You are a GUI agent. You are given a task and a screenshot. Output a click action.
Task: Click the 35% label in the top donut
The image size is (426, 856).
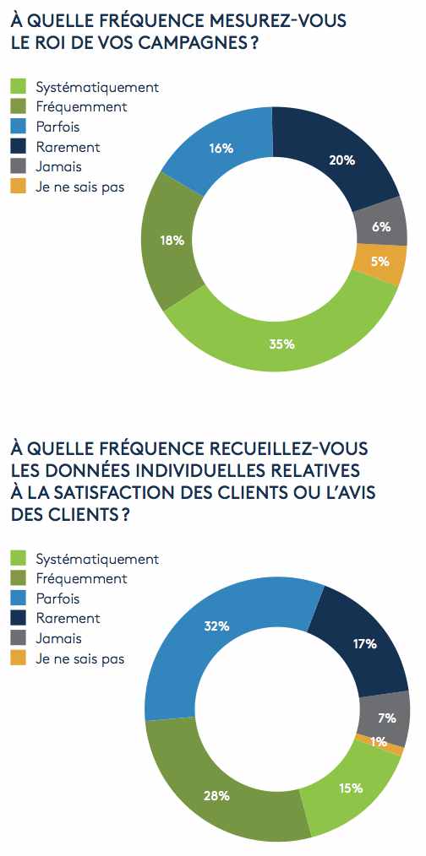[x=282, y=344]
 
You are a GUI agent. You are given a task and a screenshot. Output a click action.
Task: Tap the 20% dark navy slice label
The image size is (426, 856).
[x=342, y=160]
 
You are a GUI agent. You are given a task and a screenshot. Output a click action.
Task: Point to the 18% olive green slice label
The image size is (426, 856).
[x=172, y=241]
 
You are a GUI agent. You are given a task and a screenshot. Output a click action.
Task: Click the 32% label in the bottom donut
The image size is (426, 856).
[x=216, y=626]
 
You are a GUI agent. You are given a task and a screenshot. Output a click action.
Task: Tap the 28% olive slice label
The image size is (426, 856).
[x=216, y=795]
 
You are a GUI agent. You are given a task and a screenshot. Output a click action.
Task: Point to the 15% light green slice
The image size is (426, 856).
[x=350, y=788]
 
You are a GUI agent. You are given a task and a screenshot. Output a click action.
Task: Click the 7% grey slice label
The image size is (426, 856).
[x=386, y=718]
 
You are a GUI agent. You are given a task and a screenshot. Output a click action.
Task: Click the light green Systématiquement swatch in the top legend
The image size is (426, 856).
[x=19, y=86]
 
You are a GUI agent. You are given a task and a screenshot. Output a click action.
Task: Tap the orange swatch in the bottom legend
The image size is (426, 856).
[x=19, y=658]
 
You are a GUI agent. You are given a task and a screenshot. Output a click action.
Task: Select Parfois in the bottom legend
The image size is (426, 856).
[x=58, y=599]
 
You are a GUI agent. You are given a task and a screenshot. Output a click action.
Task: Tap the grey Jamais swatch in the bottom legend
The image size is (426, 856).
[x=19, y=638]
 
